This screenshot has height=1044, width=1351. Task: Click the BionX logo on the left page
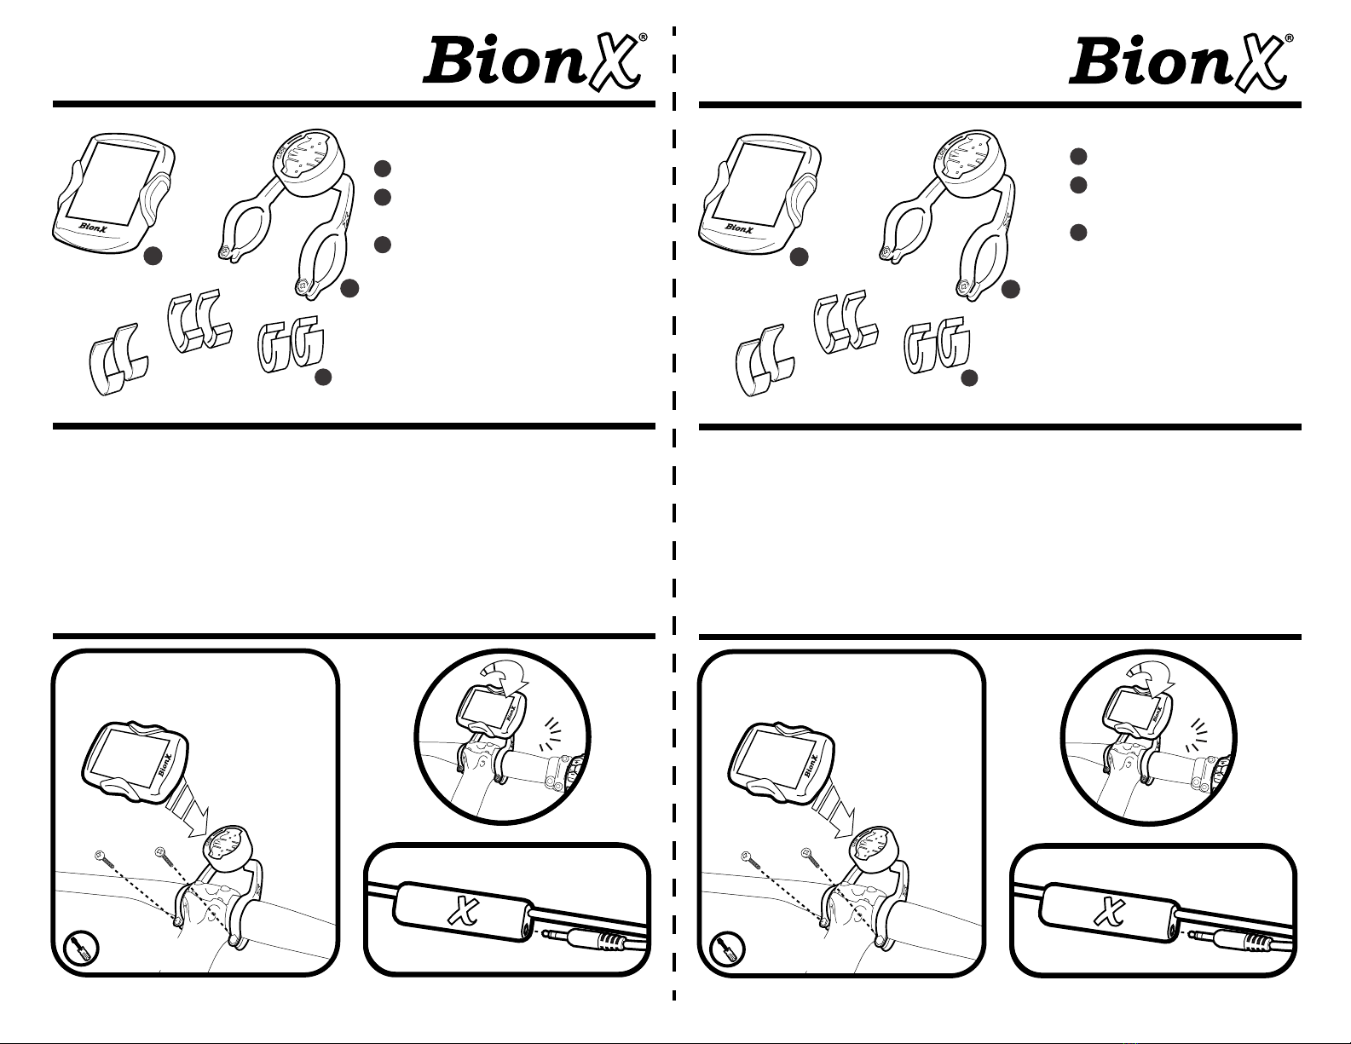533,61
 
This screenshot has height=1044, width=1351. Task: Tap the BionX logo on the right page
1179,61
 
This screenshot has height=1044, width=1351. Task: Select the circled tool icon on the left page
83,948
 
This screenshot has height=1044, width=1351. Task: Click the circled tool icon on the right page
729,948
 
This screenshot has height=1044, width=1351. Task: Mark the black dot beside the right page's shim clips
969,378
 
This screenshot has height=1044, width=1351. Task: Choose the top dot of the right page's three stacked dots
1078,156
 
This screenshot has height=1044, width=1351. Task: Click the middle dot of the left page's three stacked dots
383,197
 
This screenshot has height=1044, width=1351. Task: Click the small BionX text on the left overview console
95,228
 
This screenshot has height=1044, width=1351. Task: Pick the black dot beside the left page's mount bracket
349,290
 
